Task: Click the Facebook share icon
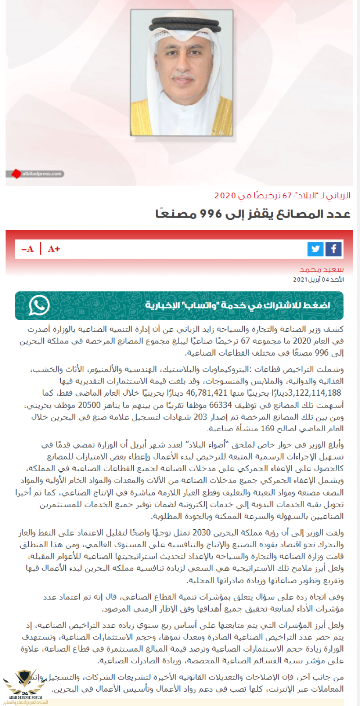click(333, 249)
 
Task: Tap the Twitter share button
click(315, 249)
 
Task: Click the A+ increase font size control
click(54, 249)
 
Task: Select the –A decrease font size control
click(27, 249)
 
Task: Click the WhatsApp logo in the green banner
click(39, 305)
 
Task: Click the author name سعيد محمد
click(321, 269)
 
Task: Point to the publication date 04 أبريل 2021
click(318, 279)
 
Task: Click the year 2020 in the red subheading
click(225, 196)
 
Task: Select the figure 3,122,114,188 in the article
click(317, 393)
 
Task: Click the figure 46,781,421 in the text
click(207, 393)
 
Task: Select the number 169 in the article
click(267, 429)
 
